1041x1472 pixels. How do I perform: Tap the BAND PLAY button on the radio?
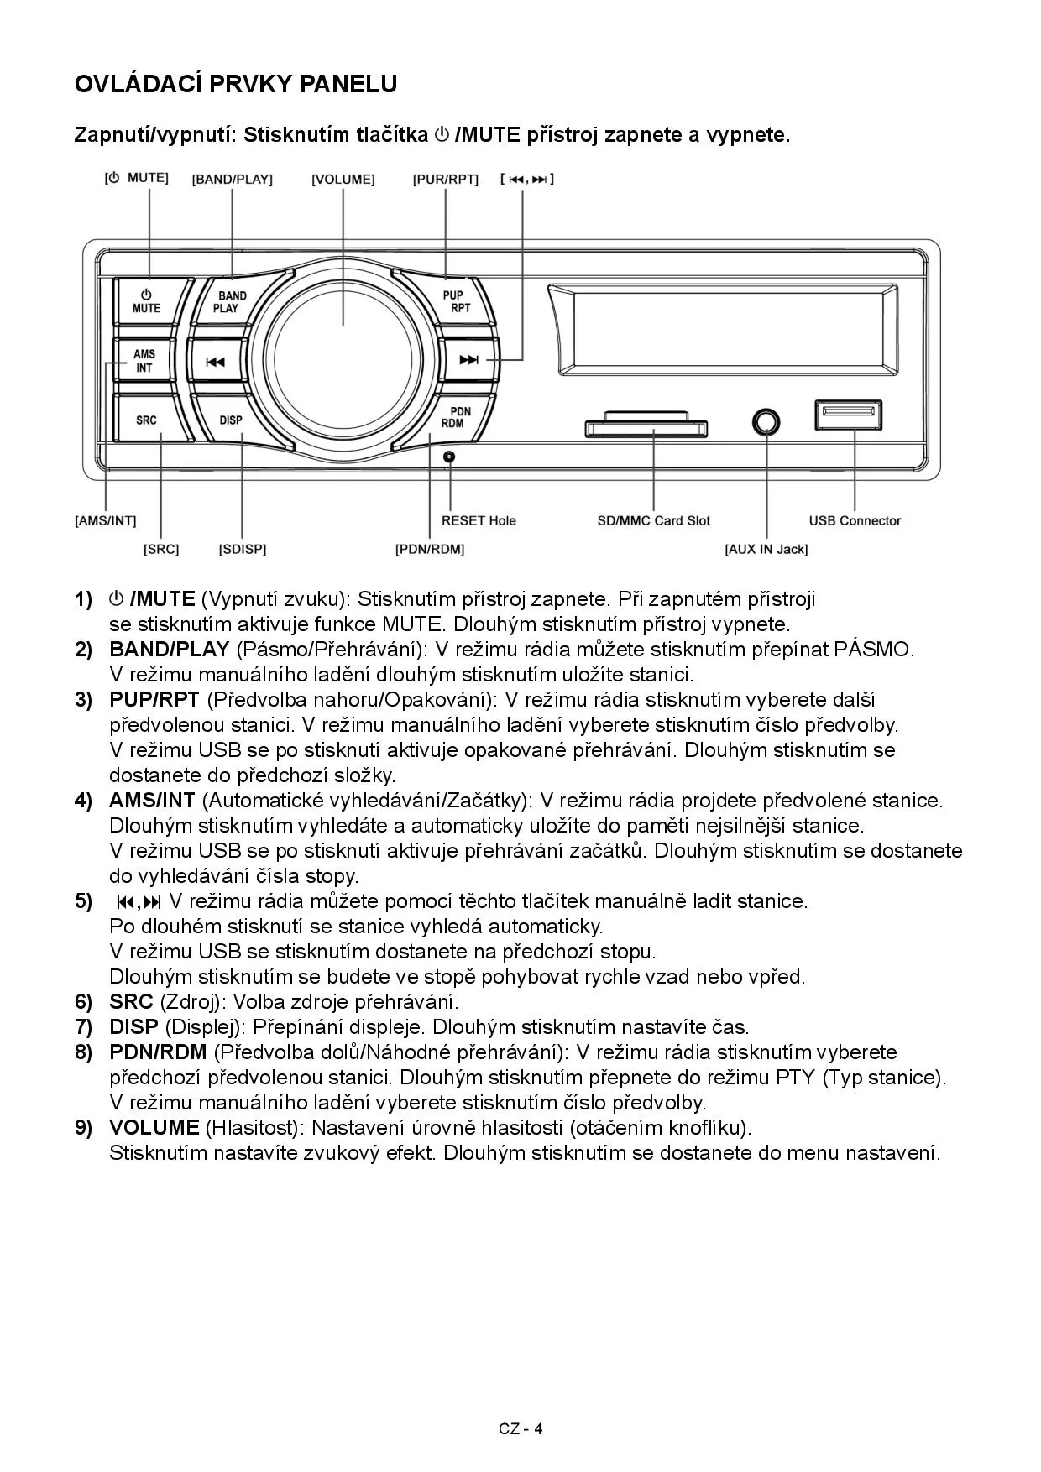point(228,301)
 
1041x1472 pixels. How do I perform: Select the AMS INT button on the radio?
point(144,361)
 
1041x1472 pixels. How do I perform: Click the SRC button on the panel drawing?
point(146,420)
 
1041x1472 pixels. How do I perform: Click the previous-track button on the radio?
point(215,362)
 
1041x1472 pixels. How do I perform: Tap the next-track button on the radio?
point(468,361)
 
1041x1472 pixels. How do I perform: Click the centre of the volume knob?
point(343,362)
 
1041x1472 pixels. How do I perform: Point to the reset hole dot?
point(449,457)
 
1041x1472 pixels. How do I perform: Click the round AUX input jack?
point(766,421)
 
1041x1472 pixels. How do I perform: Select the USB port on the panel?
point(848,415)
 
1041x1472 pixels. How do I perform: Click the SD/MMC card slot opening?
point(643,429)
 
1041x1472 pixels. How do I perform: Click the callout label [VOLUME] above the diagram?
point(343,180)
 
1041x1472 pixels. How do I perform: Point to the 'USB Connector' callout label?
point(855,521)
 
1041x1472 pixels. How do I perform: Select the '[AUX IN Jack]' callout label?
point(766,550)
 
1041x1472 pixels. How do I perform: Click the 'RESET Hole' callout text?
point(479,521)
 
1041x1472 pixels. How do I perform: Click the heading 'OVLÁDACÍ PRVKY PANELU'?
point(236,84)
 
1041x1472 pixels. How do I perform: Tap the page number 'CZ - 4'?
point(520,1429)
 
